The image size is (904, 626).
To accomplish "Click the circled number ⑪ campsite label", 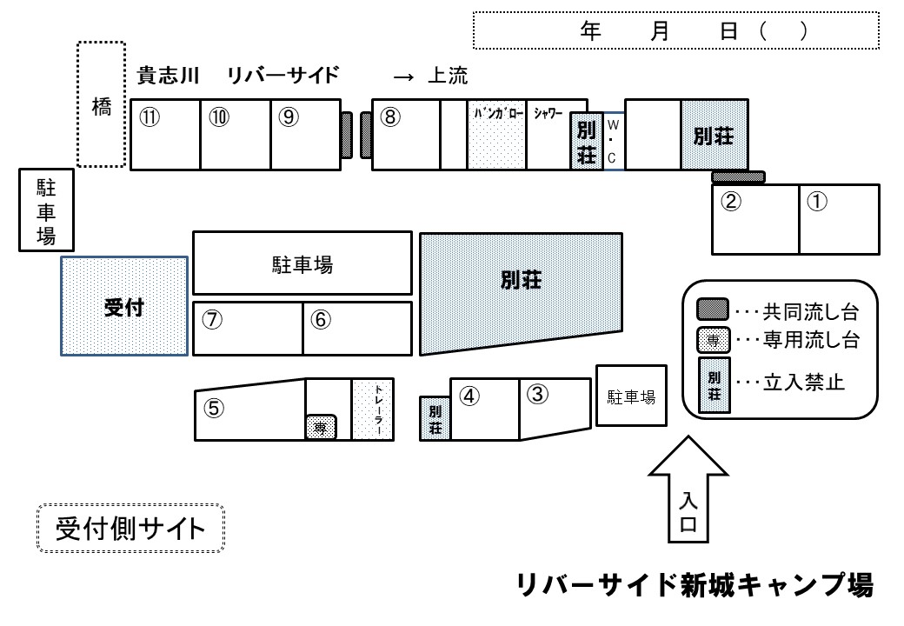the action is (150, 117).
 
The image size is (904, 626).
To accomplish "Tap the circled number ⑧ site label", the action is (390, 117).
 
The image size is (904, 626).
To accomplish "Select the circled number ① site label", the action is (817, 201).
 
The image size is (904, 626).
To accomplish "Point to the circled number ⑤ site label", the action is (214, 408).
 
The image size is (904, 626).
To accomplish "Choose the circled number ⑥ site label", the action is (321, 319).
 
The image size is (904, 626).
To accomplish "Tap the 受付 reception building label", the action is (124, 307).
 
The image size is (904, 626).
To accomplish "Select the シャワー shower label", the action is (548, 114).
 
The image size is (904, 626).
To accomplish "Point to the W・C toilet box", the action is (614, 141).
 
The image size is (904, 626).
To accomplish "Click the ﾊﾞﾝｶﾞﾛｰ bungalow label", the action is (498, 114).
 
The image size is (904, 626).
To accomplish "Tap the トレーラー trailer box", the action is (373, 410).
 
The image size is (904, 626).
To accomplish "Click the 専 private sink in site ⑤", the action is (321, 427).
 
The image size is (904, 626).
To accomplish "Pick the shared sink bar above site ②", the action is (739, 177).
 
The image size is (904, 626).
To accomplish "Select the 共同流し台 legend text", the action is (811, 312).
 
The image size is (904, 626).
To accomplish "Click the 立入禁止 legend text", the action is (804, 383).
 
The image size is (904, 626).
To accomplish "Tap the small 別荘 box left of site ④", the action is (435, 419).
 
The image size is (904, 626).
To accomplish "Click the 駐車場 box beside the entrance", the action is (631, 396).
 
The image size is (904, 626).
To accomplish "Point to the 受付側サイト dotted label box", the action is (131, 529).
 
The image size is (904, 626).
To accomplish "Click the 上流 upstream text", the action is (448, 76).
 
